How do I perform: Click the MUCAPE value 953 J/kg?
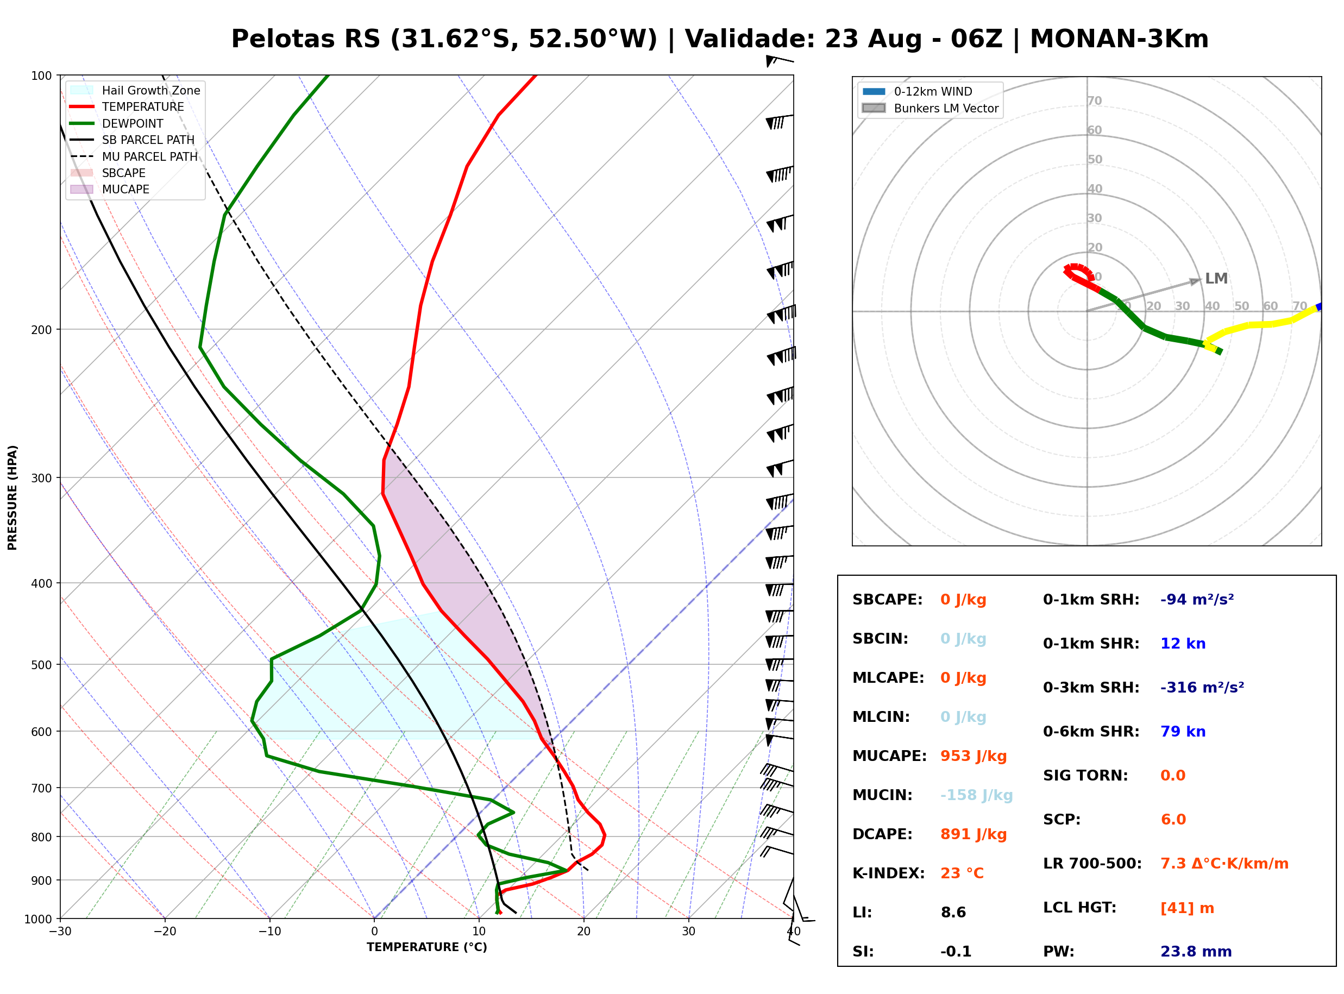tap(973, 756)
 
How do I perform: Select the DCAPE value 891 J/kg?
tap(973, 834)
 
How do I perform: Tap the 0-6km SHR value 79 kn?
tap(1183, 731)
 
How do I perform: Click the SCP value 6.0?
tap(1172, 819)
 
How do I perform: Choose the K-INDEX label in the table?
tap(888, 873)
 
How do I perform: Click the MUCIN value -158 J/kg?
tap(976, 795)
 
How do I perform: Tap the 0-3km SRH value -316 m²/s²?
tap(1202, 687)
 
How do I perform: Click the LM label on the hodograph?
tap(1216, 278)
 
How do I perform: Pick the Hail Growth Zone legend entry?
tap(135, 90)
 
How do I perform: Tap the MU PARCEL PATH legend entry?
tap(134, 156)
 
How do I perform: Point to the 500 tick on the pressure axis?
tap(43, 664)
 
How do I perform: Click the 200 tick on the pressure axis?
tap(43, 329)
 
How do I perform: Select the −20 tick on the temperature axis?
tap(165, 932)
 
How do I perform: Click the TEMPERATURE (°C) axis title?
tap(426, 947)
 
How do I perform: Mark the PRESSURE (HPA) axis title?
tap(12, 497)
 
